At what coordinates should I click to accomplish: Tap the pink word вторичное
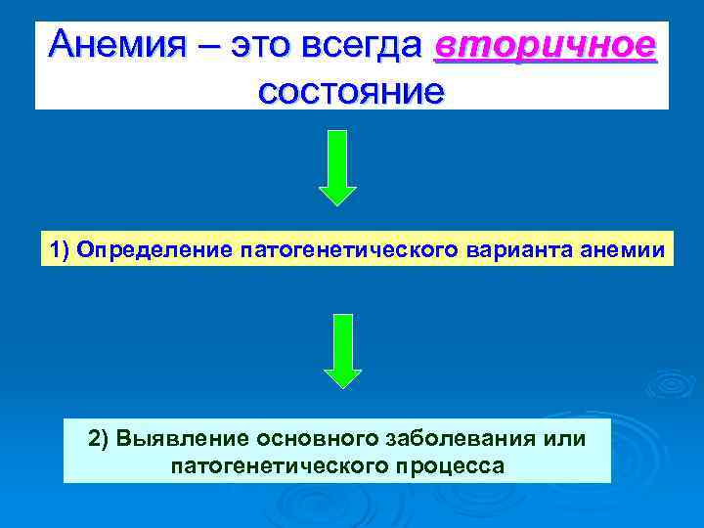[546, 45]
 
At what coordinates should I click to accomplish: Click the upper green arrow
[338, 167]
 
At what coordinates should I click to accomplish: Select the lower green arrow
[342, 350]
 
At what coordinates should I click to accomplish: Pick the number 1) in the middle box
[61, 251]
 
